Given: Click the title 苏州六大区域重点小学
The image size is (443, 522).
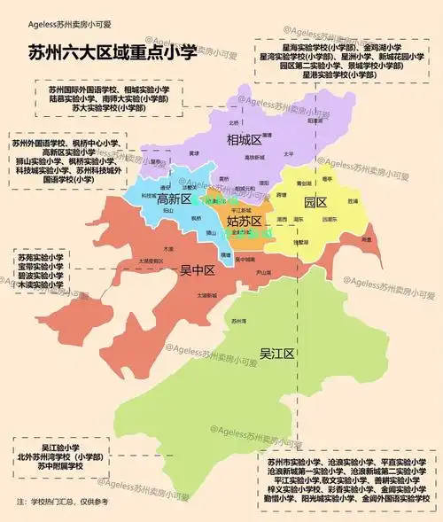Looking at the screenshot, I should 112,54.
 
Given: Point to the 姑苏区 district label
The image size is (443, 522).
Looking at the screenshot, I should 244,221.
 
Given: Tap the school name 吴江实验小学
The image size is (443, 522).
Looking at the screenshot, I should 59,448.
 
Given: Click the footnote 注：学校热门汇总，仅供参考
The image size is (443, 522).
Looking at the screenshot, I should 61,502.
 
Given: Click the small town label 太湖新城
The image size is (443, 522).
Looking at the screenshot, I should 207,294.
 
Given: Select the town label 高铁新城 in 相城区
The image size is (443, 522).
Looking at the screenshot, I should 255,159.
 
